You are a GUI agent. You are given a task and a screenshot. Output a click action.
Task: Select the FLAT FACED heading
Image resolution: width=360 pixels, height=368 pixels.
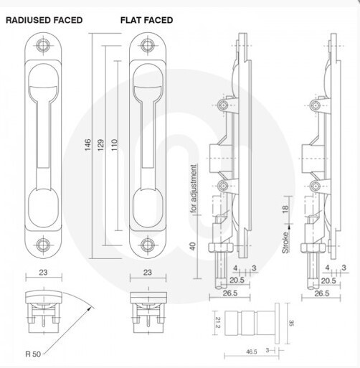coord(146,20)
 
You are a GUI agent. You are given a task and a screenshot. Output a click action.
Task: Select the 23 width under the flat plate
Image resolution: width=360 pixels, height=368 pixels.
coord(147,273)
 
